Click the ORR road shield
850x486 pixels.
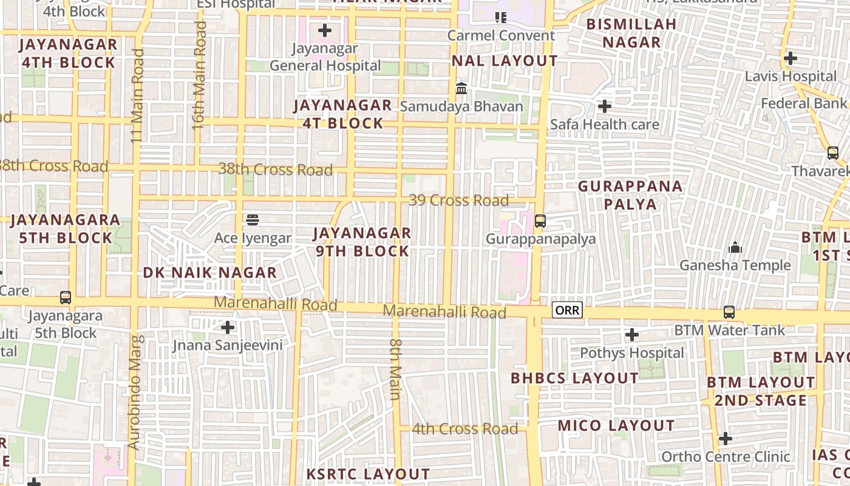coord(567,310)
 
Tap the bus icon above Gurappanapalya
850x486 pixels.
coord(540,221)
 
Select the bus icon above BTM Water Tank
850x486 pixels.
coord(729,312)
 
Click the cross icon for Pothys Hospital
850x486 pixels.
coord(632,335)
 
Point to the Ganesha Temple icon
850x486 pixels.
coord(735,247)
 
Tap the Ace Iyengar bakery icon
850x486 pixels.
coord(253,219)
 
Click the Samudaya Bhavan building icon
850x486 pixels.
coord(461,89)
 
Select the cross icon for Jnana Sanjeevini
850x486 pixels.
coord(228,328)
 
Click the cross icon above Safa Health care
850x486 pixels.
coord(605,107)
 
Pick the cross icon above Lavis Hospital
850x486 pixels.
coord(790,59)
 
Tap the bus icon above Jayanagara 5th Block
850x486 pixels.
coord(66,298)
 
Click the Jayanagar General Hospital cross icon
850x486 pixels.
coord(325,30)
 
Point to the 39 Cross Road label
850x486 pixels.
coord(458,200)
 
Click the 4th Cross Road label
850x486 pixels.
coord(464,429)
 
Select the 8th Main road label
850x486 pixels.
coord(395,369)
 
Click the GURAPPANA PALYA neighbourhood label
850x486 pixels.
coord(630,195)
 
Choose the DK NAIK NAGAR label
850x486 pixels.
coord(210,273)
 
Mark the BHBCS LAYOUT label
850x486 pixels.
coord(574,378)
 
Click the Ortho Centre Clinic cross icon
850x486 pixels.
coord(725,439)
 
